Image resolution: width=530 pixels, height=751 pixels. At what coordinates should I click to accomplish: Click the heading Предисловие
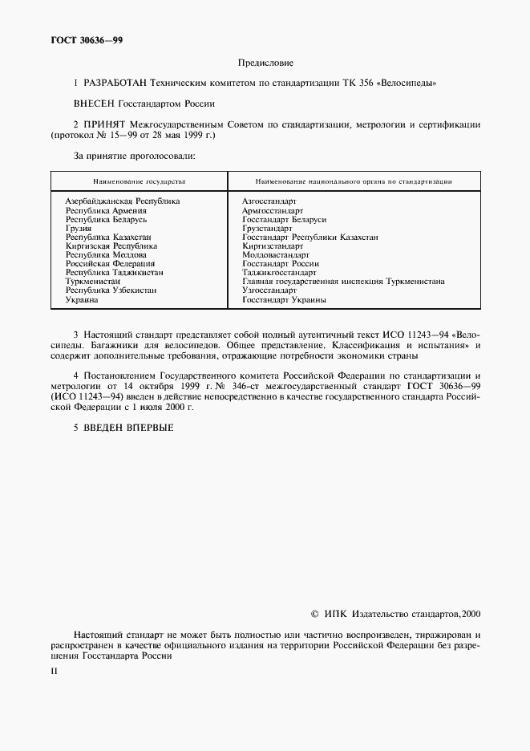pos(265,63)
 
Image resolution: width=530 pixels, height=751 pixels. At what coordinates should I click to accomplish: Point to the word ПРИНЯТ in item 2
pos(103,124)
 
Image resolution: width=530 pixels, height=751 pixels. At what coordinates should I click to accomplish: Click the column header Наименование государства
pos(139,182)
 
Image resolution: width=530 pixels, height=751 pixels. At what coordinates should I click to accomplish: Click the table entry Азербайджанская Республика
pos(122,201)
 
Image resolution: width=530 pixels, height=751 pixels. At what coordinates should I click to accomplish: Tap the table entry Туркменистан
pos(93,282)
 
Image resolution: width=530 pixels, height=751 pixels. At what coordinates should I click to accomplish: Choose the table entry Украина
pos(82,299)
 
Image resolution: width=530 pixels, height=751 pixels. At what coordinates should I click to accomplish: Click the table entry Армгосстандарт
pos(272,210)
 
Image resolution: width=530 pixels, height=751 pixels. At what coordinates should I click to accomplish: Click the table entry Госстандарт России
pos(280,264)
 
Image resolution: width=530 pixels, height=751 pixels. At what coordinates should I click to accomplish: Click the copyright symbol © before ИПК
pos(314,614)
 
